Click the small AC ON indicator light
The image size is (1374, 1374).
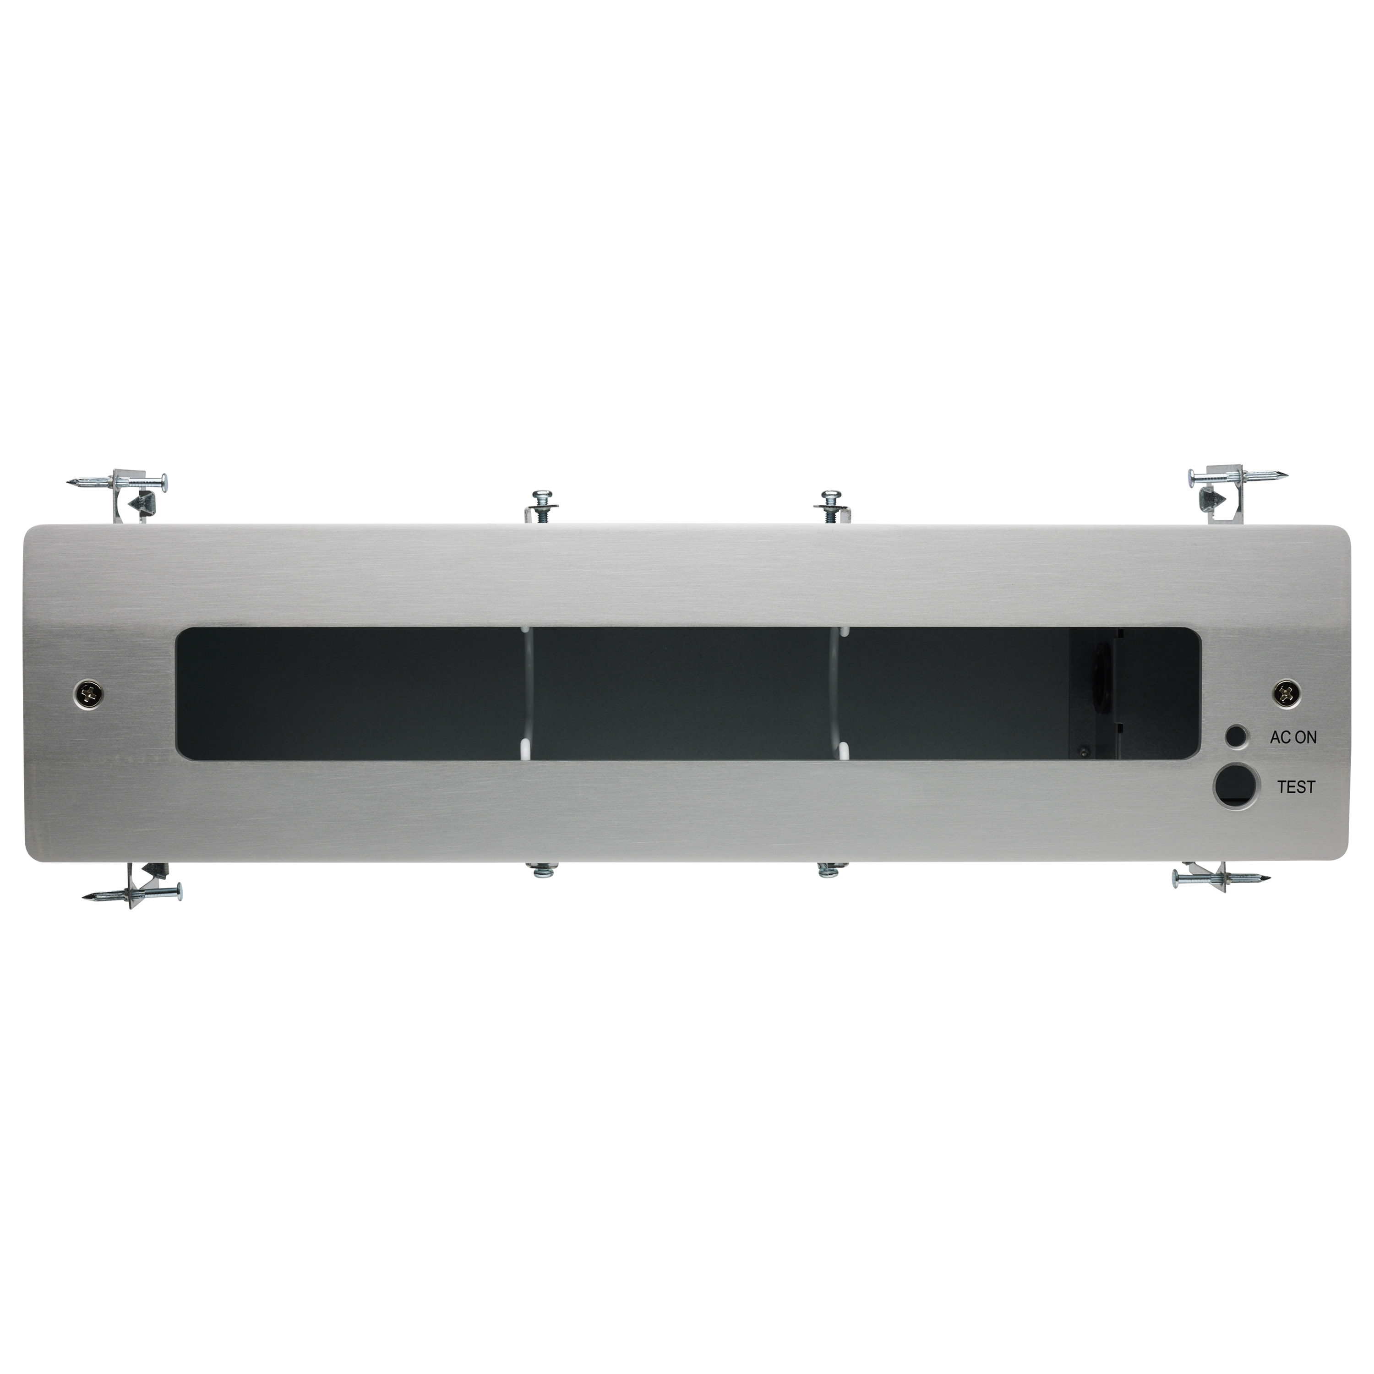pyautogui.click(x=1238, y=736)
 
